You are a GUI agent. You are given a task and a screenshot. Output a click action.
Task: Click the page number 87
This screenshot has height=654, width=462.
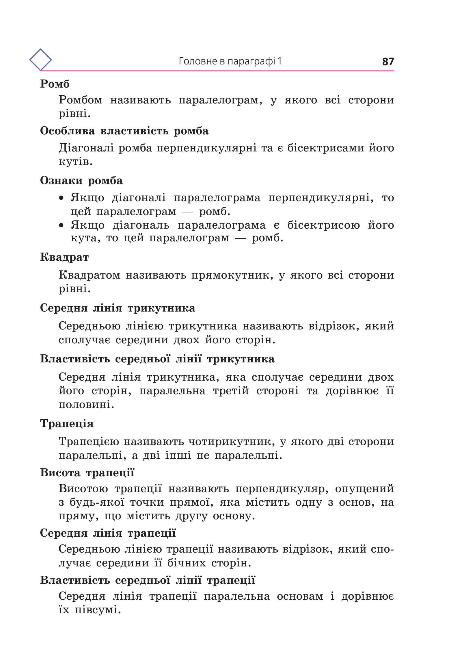pyautogui.click(x=388, y=62)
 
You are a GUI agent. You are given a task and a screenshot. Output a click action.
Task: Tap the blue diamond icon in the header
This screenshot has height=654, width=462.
pyautogui.click(x=40, y=60)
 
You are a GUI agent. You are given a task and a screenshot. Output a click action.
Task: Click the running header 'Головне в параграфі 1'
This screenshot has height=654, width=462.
pyautogui.click(x=230, y=61)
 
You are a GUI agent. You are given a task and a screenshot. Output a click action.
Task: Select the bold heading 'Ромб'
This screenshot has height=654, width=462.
pyautogui.click(x=55, y=84)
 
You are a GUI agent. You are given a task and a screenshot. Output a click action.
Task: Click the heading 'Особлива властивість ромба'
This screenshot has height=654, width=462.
pyautogui.click(x=124, y=131)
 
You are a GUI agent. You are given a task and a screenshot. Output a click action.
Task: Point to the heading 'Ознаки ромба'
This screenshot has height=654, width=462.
pyautogui.click(x=81, y=181)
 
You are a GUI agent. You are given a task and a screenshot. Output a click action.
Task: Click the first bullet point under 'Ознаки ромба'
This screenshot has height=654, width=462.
pyautogui.click(x=61, y=198)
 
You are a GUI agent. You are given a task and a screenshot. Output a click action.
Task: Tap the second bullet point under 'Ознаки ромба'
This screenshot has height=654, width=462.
pyautogui.click(x=61, y=225)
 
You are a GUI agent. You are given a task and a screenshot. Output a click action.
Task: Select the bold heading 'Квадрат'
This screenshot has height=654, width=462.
pyautogui.click(x=64, y=257)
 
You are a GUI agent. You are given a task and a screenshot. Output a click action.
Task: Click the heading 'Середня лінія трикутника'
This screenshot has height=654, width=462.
pyautogui.click(x=118, y=308)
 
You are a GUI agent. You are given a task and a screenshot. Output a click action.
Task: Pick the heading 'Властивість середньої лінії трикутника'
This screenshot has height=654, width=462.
pyautogui.click(x=157, y=359)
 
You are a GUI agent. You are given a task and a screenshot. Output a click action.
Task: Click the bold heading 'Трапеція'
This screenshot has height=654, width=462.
pyautogui.click(x=67, y=424)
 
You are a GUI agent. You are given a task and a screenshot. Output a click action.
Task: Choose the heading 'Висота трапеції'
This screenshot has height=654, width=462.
pyautogui.click(x=87, y=473)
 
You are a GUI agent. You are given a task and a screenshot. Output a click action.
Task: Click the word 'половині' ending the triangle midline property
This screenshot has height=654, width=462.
pyautogui.click(x=86, y=405)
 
